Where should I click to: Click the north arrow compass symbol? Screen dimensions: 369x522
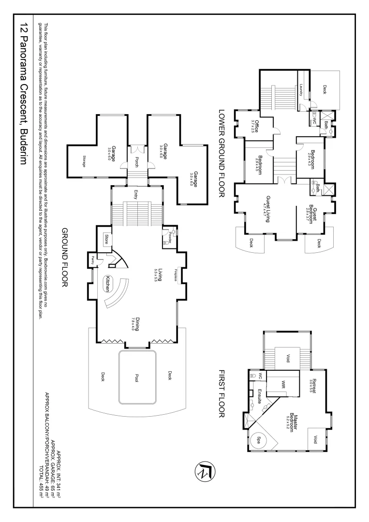tap(203, 470)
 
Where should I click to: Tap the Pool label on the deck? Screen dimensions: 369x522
tap(137, 379)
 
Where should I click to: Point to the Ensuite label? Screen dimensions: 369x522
tap(260, 395)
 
